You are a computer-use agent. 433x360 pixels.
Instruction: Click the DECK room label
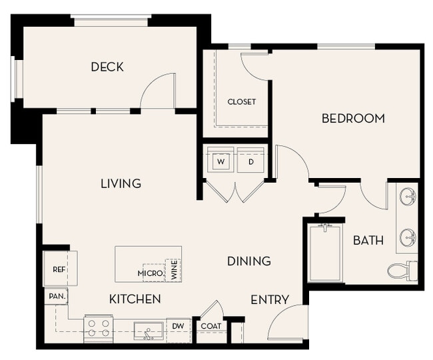pyautogui.click(x=107, y=67)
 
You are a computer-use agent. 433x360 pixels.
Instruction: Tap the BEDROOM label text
pyautogui.click(x=353, y=119)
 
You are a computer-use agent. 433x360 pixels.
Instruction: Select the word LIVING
pyautogui.click(x=121, y=183)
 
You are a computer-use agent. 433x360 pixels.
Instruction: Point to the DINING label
pyautogui.click(x=248, y=261)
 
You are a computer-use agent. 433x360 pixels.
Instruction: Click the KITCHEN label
pyautogui.click(x=135, y=299)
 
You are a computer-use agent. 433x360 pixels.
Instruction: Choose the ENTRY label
pyautogui.click(x=270, y=300)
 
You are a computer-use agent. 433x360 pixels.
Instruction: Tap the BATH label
pyautogui.click(x=368, y=240)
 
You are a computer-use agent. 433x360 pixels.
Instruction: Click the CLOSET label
pyautogui.click(x=241, y=102)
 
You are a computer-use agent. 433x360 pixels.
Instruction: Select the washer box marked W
pyautogui.click(x=220, y=161)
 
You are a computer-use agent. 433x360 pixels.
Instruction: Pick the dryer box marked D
pyautogui.click(x=250, y=161)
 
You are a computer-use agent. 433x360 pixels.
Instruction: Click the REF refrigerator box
pyautogui.click(x=59, y=269)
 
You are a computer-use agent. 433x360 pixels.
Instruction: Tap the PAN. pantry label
pyautogui.click(x=55, y=295)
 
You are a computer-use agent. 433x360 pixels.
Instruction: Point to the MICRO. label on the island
pyautogui.click(x=151, y=273)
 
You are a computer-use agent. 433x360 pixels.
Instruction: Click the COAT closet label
pyautogui.click(x=211, y=326)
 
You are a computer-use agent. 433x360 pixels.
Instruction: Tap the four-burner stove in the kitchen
pyautogui.click(x=98, y=327)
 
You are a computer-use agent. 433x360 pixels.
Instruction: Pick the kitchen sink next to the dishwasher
pyautogui.click(x=148, y=329)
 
